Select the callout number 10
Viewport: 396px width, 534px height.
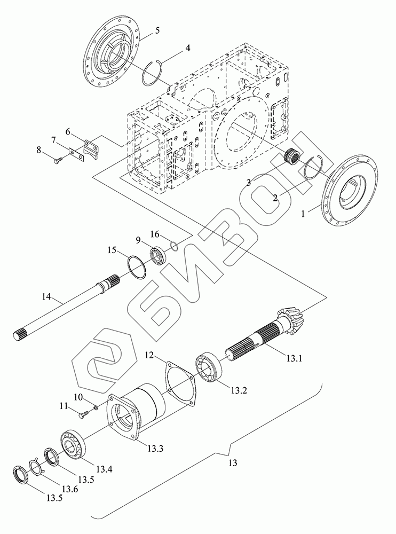pos(77,397)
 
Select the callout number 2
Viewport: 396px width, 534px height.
pos(275,198)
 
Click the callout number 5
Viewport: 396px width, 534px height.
pos(157,30)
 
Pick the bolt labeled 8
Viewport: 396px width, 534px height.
pos(57,158)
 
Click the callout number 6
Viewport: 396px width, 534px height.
pos(68,131)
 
